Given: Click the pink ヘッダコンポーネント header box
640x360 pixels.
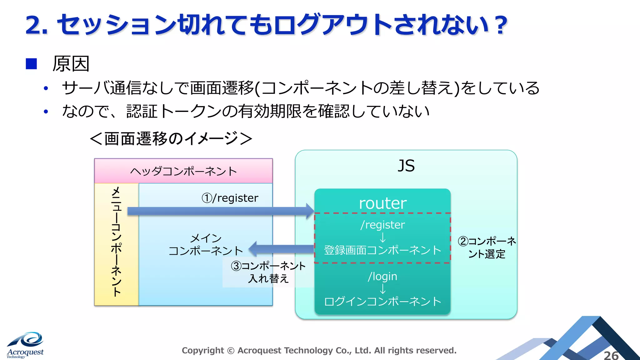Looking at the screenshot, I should (x=183, y=171).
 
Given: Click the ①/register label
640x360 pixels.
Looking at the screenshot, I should (x=230, y=198).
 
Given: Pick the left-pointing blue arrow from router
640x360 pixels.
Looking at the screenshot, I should (x=281, y=249).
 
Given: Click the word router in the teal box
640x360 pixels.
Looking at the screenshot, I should (x=382, y=203).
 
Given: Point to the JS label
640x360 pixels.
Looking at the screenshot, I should (x=406, y=166).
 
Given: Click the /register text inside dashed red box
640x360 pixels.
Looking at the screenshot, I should (x=382, y=225).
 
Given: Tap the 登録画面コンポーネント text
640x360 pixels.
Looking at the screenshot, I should (x=382, y=250).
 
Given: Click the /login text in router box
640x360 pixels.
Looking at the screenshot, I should (x=382, y=276).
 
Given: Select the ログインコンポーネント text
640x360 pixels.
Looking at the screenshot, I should (x=382, y=301).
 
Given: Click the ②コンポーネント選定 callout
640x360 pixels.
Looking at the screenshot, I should (x=487, y=247).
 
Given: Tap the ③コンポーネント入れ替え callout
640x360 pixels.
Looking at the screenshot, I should (x=268, y=272).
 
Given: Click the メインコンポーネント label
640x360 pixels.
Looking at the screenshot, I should (x=206, y=244).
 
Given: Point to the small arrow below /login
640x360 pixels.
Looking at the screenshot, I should (x=382, y=289).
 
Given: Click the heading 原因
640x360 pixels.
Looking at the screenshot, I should (x=71, y=64).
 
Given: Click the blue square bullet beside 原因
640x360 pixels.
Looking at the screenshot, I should (x=31, y=64).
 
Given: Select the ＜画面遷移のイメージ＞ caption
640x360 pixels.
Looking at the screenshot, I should (x=171, y=138).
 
